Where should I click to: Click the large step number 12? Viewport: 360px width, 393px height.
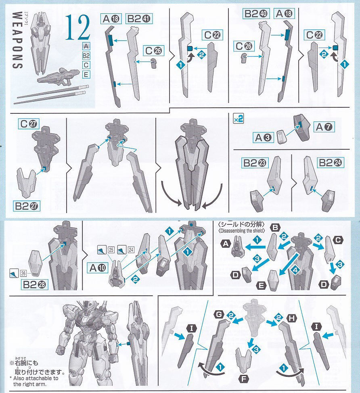tap(77, 28)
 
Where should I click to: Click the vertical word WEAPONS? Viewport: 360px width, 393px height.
tap(17, 40)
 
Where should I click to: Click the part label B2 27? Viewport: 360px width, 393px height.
tap(27, 206)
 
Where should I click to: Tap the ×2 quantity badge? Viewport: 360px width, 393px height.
tap(238, 119)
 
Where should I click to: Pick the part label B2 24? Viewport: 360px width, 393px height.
tap(328, 163)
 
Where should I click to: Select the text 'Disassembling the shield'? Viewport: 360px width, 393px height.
tap(241, 231)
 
